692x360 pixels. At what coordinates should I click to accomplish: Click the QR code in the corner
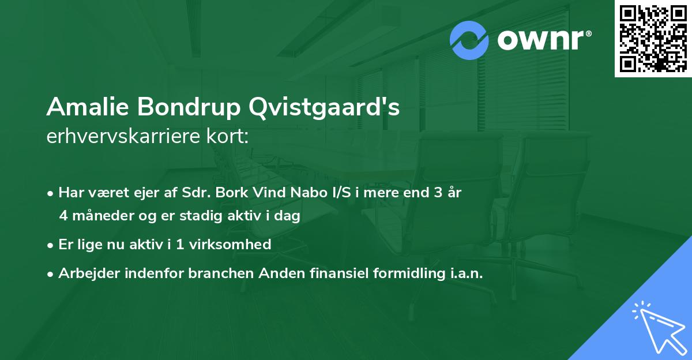[653, 38]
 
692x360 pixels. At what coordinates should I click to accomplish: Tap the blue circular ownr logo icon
[470, 40]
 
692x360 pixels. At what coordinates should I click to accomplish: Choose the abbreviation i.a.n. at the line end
[463, 273]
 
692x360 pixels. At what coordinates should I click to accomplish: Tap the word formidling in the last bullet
[401, 273]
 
